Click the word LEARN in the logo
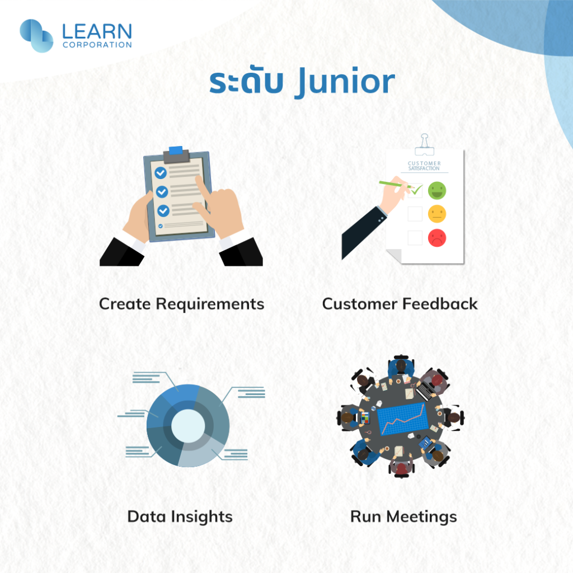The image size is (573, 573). pos(97,31)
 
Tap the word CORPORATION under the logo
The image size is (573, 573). pos(97,45)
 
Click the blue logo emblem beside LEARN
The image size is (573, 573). pos(36,35)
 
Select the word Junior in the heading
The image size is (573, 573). pos(346,82)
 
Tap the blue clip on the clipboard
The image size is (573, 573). pos(176,150)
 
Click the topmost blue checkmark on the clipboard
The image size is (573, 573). pos(161,173)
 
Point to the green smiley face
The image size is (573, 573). pos(437,190)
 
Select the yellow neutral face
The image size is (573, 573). pos(437,214)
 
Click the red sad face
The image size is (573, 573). pos(437,238)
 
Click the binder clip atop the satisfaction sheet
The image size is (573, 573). pos(424,145)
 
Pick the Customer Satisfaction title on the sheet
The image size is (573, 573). pos(424,166)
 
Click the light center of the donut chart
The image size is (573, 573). pos(188,426)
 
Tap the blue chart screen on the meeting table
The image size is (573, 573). pos(402,419)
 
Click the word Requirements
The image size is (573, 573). pos(210,304)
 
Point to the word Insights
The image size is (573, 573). pos(201,517)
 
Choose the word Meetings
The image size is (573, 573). pos(422,517)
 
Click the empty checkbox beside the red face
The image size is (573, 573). pos(415,238)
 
